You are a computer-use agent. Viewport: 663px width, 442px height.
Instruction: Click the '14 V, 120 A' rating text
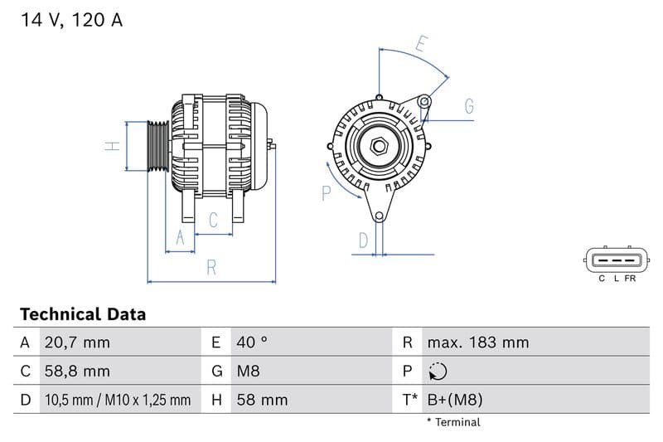[71, 21]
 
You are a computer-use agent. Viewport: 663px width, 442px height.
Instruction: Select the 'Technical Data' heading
[82, 314]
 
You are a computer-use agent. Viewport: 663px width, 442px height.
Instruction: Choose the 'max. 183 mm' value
[477, 342]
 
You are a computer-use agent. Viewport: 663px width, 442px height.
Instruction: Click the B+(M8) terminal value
[454, 400]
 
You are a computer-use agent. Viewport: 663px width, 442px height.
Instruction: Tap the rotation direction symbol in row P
[438, 372]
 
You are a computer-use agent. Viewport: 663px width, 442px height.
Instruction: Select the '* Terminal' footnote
[453, 422]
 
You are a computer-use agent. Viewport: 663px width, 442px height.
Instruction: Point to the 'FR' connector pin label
[631, 279]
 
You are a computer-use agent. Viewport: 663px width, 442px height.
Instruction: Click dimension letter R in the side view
[211, 267]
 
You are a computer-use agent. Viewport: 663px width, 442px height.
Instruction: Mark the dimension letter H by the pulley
[113, 146]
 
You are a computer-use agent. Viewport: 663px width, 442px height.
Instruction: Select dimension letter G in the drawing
[469, 106]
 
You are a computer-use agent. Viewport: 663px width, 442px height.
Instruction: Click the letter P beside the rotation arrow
[326, 193]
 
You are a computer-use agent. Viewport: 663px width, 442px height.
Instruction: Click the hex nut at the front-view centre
[380, 147]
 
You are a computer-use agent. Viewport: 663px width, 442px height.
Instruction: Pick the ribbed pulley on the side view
[157, 147]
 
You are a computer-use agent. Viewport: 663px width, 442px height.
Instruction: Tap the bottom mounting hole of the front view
[380, 217]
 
